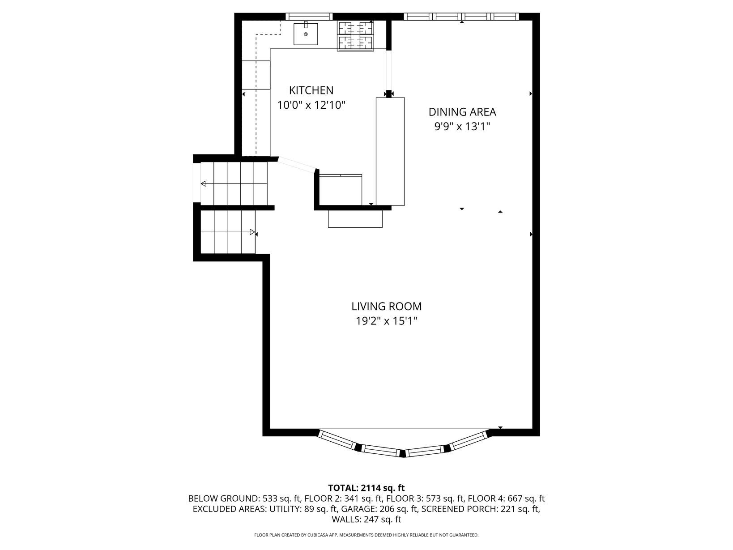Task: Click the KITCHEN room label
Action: pyautogui.click(x=311, y=90)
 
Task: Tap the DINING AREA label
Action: pyautogui.click(x=462, y=112)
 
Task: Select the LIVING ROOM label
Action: pyautogui.click(x=386, y=306)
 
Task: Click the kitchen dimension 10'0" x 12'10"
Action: pyautogui.click(x=311, y=105)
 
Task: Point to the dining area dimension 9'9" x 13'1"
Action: pyautogui.click(x=462, y=127)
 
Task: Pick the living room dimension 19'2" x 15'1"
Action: pyautogui.click(x=386, y=321)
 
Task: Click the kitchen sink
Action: pyautogui.click(x=306, y=34)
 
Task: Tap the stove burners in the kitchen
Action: pyautogui.click(x=355, y=35)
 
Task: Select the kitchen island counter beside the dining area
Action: pyautogui.click(x=390, y=151)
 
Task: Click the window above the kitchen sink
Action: pyautogui.click(x=309, y=17)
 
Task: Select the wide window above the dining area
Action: pyautogui.click(x=461, y=17)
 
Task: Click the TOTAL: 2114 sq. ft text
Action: pyautogui.click(x=366, y=488)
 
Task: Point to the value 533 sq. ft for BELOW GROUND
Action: pyautogui.click(x=282, y=499)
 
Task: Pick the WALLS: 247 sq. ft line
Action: pyautogui.click(x=366, y=519)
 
